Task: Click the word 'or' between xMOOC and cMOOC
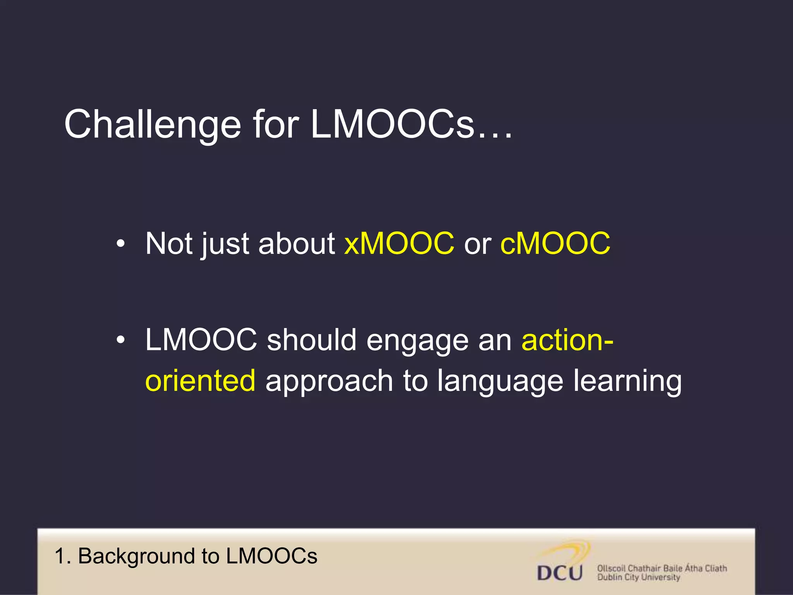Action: coord(477,245)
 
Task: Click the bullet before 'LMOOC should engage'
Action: coord(121,340)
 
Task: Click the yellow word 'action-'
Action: coord(567,339)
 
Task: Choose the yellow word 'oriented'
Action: coord(200,380)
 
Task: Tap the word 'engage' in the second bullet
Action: coord(417,341)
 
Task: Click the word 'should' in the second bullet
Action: coord(311,339)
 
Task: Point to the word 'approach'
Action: coord(329,382)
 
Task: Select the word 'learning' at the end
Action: coord(627,382)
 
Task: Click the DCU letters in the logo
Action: coord(560,573)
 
